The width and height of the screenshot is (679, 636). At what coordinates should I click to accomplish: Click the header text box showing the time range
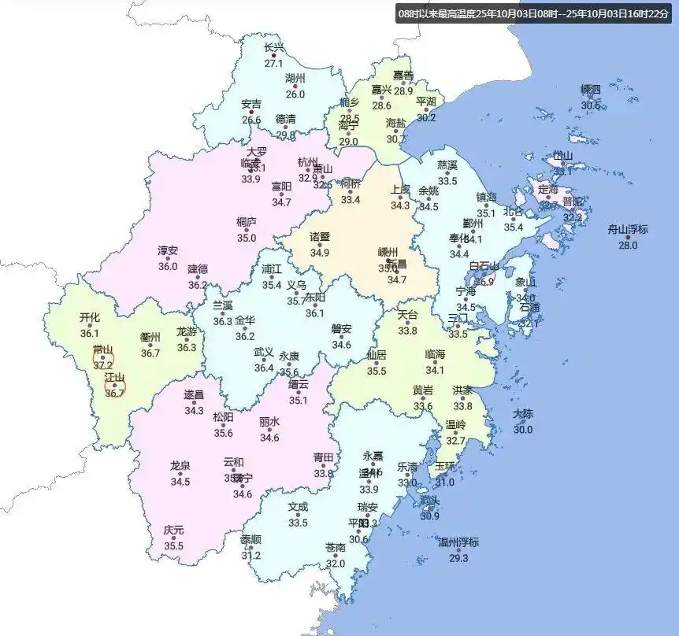[534, 13]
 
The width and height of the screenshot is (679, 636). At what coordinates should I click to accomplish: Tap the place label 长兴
[273, 48]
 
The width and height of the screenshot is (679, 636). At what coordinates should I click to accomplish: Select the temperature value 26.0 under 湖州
[295, 94]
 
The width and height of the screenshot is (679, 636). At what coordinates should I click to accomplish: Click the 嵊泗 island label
[591, 89]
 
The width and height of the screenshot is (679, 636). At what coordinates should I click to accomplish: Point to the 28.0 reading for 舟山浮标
[628, 246]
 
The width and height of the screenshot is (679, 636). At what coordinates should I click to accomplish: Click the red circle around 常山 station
[103, 359]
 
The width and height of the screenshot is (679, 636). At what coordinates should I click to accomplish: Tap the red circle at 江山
[115, 385]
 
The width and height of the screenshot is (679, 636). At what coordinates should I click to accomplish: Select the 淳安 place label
[168, 251]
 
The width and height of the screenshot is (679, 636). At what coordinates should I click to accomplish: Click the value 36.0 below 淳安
[168, 267]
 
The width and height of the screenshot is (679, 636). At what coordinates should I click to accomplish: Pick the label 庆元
[173, 531]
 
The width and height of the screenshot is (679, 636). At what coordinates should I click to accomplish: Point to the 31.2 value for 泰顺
[251, 556]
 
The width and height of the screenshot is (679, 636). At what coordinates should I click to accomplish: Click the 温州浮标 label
[458, 542]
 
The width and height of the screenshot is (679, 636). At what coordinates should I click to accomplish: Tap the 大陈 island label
[523, 414]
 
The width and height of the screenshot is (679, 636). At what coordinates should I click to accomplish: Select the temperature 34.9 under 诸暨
[319, 253]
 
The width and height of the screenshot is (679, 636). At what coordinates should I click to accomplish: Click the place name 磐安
[341, 329]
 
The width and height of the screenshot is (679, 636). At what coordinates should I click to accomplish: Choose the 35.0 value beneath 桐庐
[247, 238]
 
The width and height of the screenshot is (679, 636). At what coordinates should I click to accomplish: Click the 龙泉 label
[180, 465]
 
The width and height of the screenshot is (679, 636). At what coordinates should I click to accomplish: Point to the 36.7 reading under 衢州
[150, 353]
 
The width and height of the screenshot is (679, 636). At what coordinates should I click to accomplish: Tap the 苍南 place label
[336, 547]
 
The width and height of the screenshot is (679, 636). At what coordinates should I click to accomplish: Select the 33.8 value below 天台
[407, 331]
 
